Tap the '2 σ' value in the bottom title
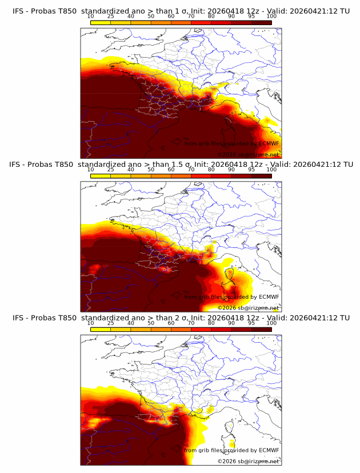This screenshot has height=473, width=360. pyautogui.click(x=185, y=318)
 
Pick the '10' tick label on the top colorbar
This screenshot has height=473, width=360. pyautogui.click(x=90, y=16)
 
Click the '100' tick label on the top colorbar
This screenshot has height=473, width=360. pyautogui.click(x=271, y=16)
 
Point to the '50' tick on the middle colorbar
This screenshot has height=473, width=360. pyautogui.click(x=151, y=170)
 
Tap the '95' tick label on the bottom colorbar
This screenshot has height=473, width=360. pyautogui.click(x=251, y=323)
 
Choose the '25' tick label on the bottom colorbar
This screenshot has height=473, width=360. pyautogui.click(x=110, y=323)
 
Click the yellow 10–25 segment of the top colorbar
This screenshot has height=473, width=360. pyautogui.click(x=101, y=22)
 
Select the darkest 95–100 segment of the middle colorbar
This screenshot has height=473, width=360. pyautogui.click(x=262, y=175)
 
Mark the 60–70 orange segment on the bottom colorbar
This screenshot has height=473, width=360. pyautogui.click(x=181, y=329)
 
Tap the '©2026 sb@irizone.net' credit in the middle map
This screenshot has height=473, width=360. pyautogui.click(x=248, y=308)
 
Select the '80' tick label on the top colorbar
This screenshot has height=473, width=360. pyautogui.click(x=211, y=16)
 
